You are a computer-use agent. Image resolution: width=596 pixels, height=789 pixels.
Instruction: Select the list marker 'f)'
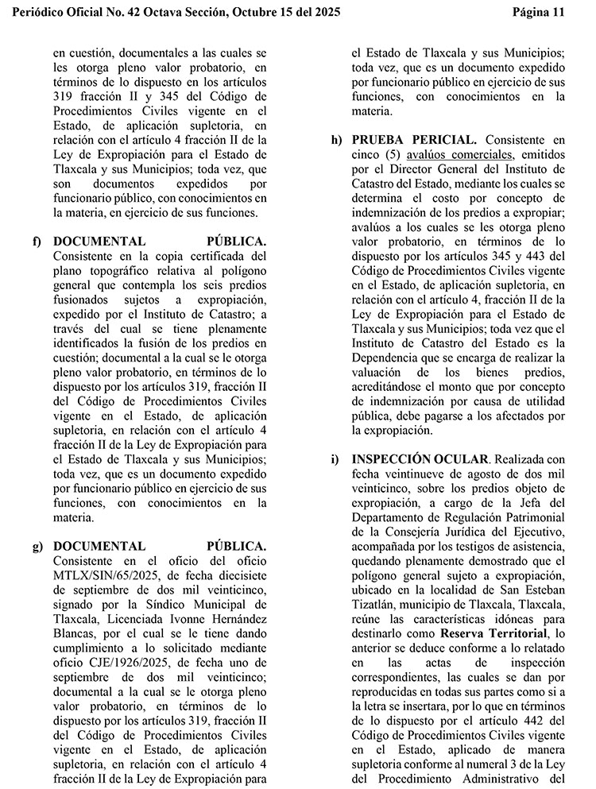(x=37, y=241)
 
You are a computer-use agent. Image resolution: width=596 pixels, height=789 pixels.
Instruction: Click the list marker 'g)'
(x=37, y=546)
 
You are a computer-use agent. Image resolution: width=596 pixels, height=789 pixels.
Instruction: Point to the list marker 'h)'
(x=337, y=139)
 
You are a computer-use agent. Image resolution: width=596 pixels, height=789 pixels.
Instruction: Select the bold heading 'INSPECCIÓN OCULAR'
(x=420, y=459)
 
